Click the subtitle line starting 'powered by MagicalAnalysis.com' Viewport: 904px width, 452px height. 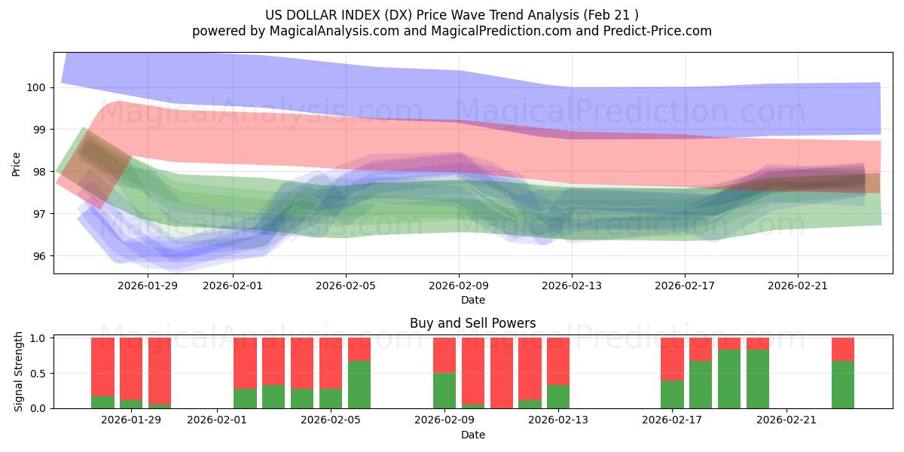[452, 31]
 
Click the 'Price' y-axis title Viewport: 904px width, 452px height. [17, 163]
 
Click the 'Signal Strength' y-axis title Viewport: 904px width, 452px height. [19, 372]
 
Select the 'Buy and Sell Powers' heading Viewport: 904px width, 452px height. [472, 323]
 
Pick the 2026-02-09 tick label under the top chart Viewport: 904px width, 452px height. [459, 286]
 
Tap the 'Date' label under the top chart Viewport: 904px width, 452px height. [472, 300]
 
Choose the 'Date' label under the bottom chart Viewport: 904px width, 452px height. [472, 435]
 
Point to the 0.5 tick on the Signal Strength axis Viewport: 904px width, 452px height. [39, 373]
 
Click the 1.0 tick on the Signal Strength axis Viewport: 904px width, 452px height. [39, 337]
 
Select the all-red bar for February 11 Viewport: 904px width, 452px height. [502, 373]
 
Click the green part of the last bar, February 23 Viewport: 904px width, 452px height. [843, 385]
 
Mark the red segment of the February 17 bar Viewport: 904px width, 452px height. [672, 359]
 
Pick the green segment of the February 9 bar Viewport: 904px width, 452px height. [444, 391]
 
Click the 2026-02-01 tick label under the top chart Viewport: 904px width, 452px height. [233, 286]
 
